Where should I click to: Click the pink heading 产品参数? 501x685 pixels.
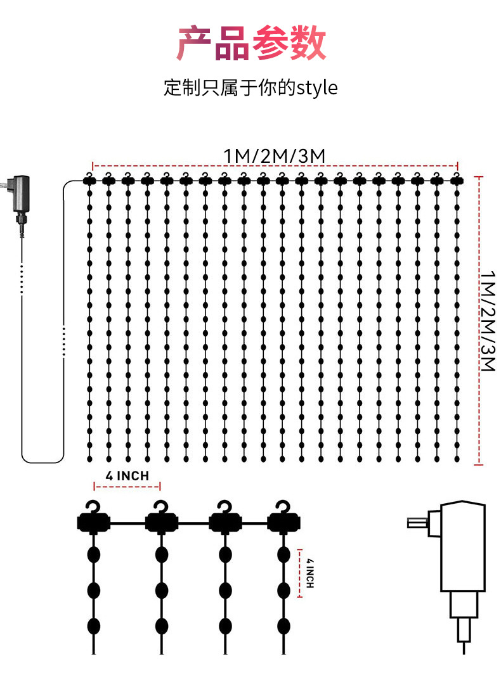click(x=251, y=43)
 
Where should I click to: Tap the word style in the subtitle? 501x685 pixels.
click(x=317, y=87)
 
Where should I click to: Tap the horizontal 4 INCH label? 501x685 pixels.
click(x=127, y=476)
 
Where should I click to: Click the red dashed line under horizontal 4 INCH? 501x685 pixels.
click(x=127, y=487)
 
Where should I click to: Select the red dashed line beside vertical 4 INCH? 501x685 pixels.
click(x=299, y=573)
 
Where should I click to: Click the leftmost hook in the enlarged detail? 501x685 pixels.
click(x=94, y=508)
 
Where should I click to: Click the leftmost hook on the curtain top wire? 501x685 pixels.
click(x=89, y=176)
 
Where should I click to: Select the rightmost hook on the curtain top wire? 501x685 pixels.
click(x=456, y=176)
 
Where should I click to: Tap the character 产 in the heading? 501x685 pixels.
click(x=194, y=43)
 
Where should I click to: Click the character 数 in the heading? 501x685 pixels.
click(x=308, y=43)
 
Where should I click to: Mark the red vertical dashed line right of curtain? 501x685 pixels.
click(x=478, y=320)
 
